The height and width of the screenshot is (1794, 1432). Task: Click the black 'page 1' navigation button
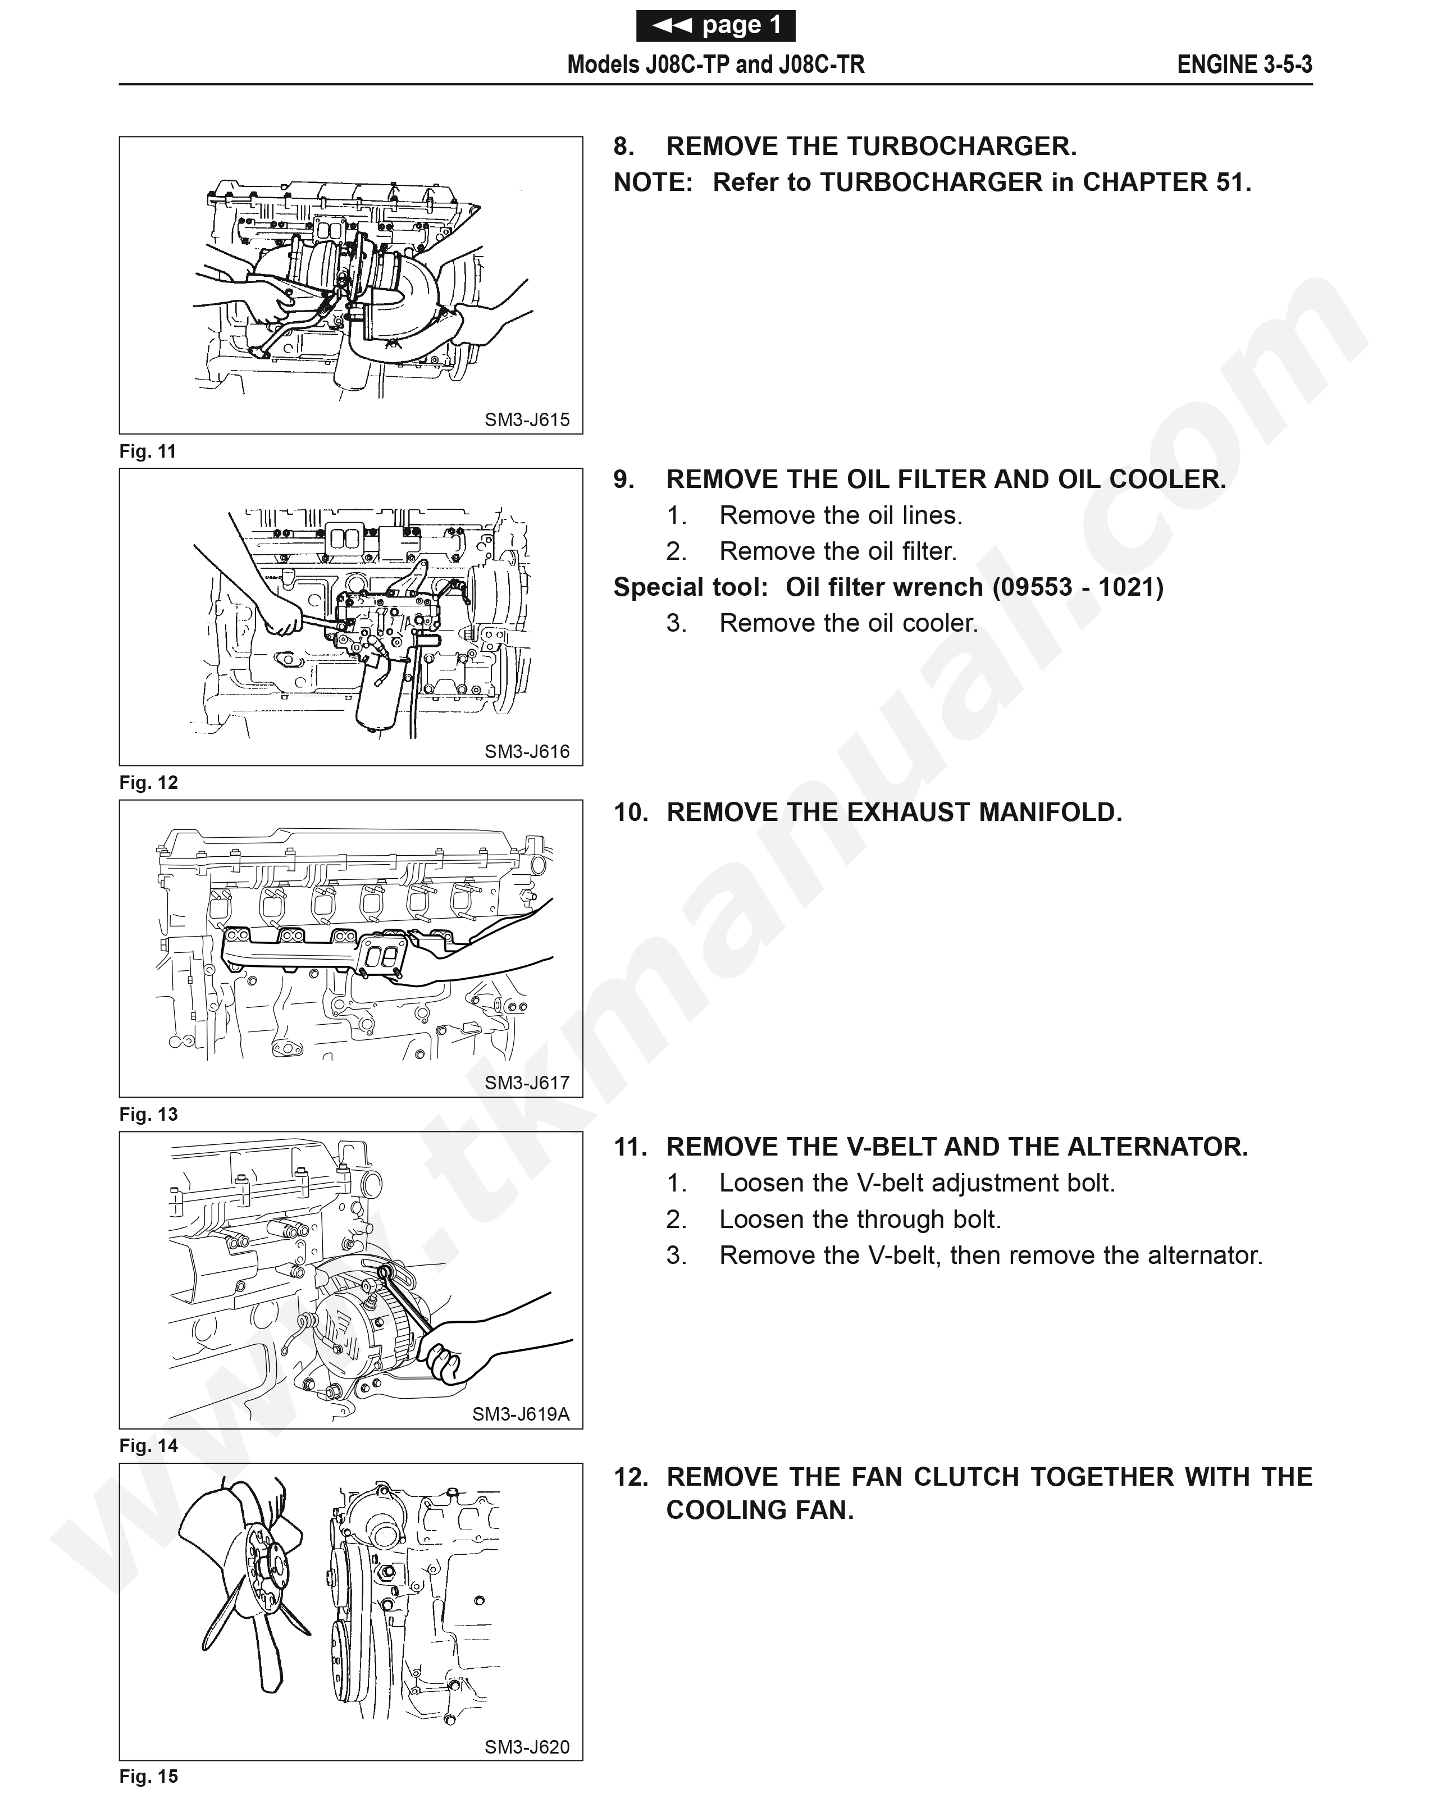click(715, 26)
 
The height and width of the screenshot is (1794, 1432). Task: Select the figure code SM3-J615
click(527, 420)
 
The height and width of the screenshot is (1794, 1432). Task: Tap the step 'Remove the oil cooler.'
click(848, 623)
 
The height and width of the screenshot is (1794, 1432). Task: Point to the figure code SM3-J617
click(527, 1083)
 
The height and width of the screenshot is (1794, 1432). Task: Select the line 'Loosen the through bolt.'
click(860, 1220)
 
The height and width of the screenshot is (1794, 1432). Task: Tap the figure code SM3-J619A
click(521, 1414)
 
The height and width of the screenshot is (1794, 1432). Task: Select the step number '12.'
click(631, 1478)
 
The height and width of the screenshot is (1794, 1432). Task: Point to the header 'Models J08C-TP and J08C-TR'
click(715, 65)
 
